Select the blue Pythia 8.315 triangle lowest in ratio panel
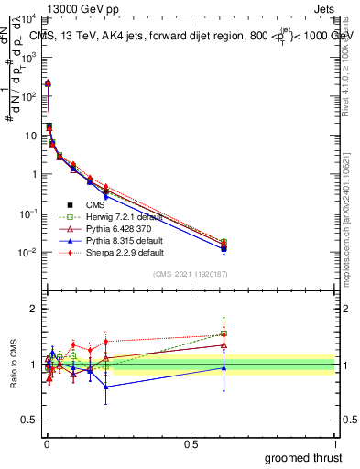coord(106,387)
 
